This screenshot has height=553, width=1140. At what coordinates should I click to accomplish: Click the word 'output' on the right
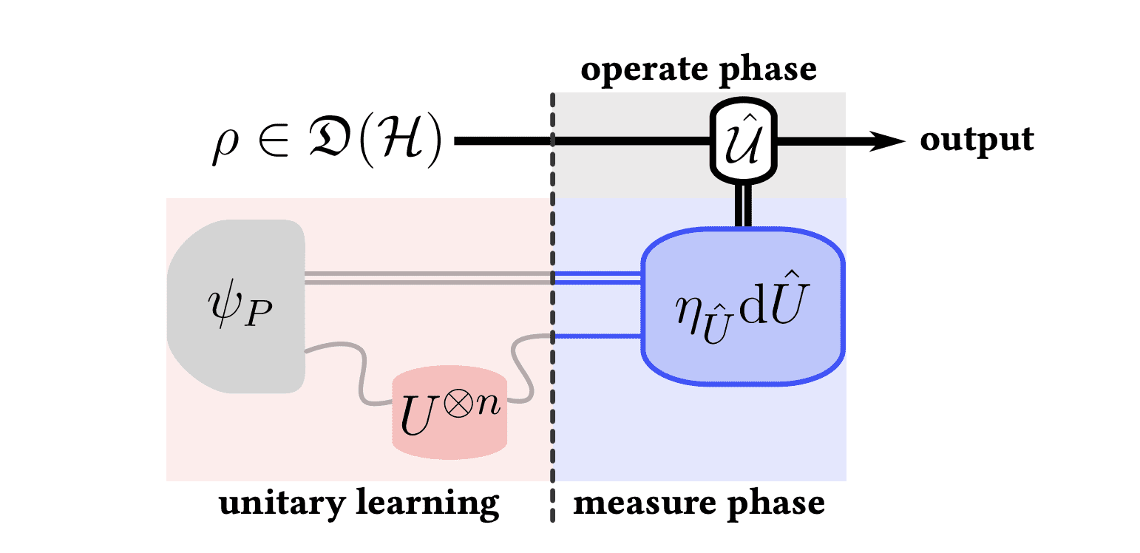[x=977, y=140]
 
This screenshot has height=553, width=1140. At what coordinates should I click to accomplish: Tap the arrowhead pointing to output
[x=886, y=140]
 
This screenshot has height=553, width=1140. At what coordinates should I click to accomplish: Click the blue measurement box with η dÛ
[x=743, y=307]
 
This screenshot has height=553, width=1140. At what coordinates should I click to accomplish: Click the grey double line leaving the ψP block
[x=429, y=277]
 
